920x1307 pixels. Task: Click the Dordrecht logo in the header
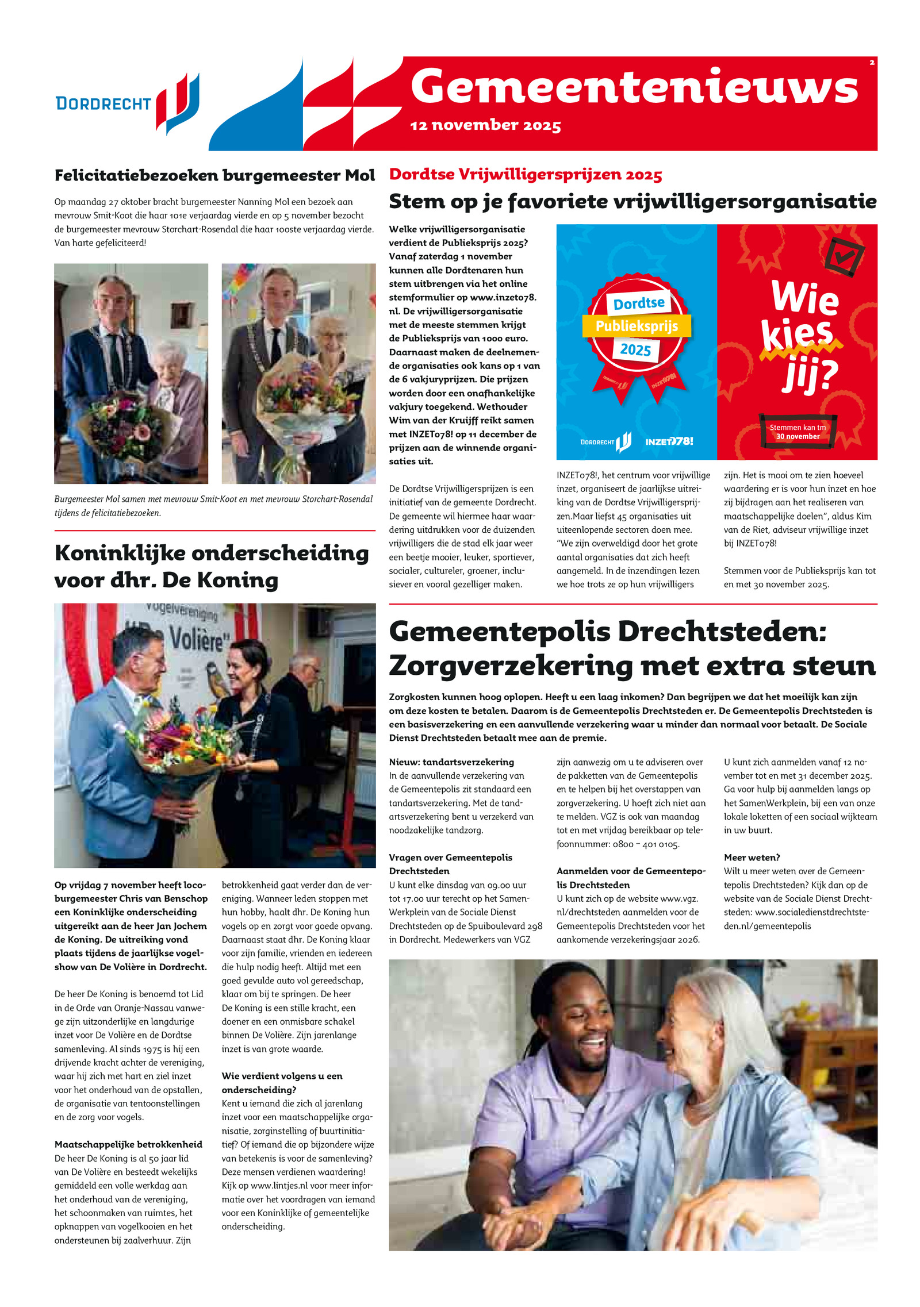point(127,103)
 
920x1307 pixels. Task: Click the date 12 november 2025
point(485,125)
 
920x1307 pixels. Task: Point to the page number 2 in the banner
point(872,63)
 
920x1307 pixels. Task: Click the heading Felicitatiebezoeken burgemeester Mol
point(214,175)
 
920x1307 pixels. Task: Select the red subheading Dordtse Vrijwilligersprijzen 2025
point(526,174)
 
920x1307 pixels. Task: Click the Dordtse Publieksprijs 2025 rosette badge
point(637,328)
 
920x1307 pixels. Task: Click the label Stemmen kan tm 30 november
point(798,432)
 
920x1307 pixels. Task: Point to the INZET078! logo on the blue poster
point(669,441)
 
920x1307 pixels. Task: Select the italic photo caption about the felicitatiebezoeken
point(213,506)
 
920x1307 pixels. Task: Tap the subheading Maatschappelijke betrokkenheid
point(128,1144)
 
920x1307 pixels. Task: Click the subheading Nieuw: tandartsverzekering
point(451,762)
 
